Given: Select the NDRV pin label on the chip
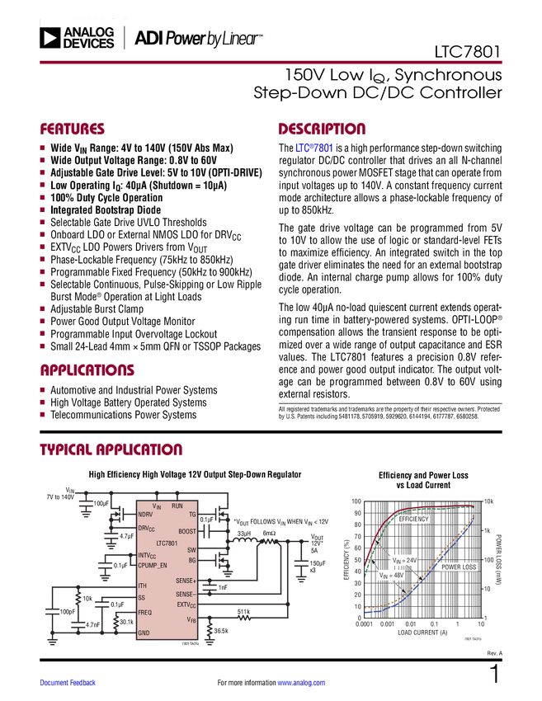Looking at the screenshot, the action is pos(145,515).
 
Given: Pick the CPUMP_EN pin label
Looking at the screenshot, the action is pos(153,566).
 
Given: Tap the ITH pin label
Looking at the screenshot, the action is pos(142,586).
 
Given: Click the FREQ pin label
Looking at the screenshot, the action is pos(144,613).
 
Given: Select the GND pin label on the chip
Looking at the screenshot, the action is pos(144,633).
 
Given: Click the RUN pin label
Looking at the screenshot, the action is pos(177,505).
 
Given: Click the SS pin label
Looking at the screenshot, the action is pos(141,597).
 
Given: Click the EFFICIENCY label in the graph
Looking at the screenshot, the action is pos(414,520).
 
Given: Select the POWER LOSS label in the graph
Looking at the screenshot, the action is pos(458,567).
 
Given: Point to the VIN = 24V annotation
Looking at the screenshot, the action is pos(404,560).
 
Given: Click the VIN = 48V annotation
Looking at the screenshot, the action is pos(393,576).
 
